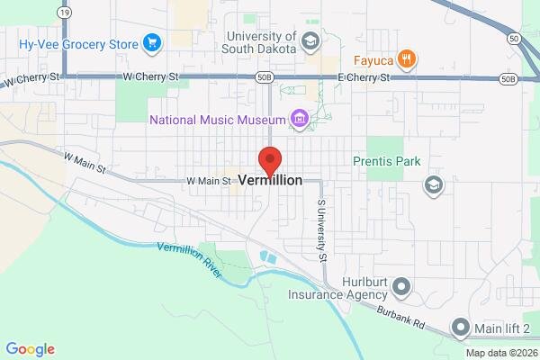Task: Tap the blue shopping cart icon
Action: coord(151,42)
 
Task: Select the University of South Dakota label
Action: coord(260,41)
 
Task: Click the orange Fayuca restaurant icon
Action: coord(407,59)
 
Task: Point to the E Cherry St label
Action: coord(364,78)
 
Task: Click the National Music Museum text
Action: coord(216,119)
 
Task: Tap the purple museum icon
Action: coord(299,119)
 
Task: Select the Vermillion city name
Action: coord(270,180)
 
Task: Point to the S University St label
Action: coord(319,230)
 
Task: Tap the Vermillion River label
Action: coord(189,259)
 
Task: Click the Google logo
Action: coord(30,349)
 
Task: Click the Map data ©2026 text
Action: coord(498,352)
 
